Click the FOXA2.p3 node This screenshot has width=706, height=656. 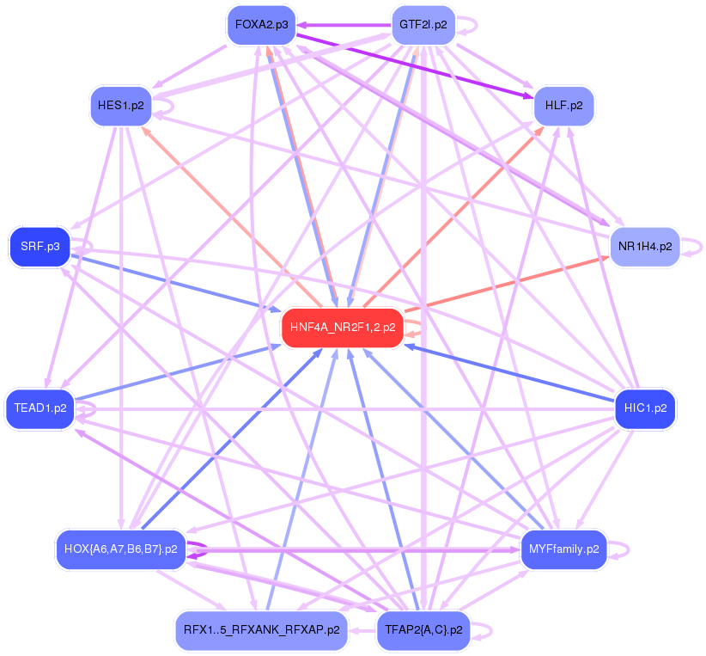[261, 25]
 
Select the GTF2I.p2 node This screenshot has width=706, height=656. [423, 25]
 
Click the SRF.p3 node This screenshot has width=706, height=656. [40, 246]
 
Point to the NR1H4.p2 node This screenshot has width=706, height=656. [644, 246]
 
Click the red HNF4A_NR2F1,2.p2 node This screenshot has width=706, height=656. [343, 328]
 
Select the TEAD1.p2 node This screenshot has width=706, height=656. [40, 408]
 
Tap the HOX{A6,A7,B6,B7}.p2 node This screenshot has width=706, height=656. [121, 548]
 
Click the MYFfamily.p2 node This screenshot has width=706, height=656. [563, 548]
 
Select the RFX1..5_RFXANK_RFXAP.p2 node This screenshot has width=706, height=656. [261, 630]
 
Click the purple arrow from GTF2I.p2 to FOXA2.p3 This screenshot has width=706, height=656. [344, 26]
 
